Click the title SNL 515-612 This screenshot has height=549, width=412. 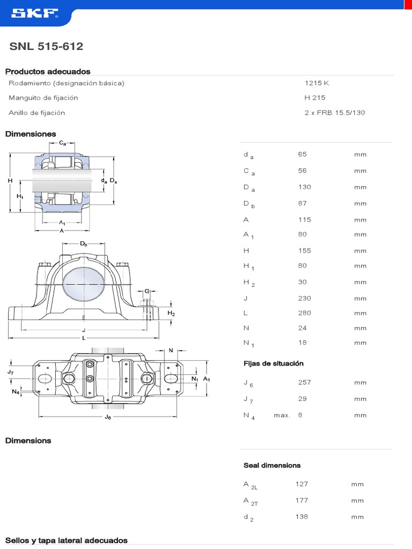click(x=46, y=47)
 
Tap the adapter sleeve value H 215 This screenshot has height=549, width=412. click(x=315, y=98)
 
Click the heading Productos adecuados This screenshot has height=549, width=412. click(x=48, y=71)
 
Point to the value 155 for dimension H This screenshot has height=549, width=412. click(x=304, y=250)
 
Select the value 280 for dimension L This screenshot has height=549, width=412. click(x=304, y=313)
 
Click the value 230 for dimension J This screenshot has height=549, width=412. click(x=304, y=298)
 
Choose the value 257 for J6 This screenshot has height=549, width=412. click(x=304, y=382)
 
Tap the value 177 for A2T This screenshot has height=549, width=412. click(x=301, y=500)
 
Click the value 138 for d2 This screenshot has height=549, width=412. click(x=301, y=517)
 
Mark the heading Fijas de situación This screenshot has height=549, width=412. click(x=274, y=363)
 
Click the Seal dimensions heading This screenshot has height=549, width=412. click(x=272, y=465)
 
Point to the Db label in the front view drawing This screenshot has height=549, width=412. click(x=84, y=244)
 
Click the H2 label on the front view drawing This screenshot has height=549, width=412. click(x=171, y=313)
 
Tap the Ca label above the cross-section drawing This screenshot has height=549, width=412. click(x=63, y=143)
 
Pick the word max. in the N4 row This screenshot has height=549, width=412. click(x=282, y=415)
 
